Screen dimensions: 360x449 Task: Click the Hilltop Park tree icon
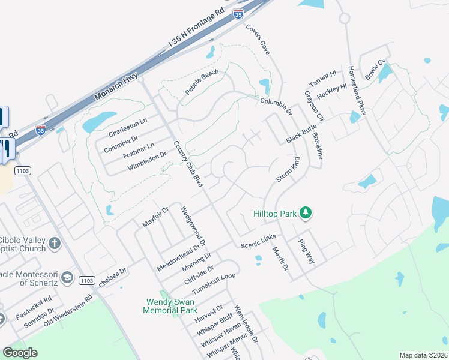click(x=306, y=212)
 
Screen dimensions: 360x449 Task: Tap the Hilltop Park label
click(x=275, y=213)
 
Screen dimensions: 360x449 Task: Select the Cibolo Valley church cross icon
click(x=55, y=243)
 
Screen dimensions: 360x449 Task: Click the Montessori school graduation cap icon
click(x=67, y=277)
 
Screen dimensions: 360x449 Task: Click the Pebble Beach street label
click(x=202, y=83)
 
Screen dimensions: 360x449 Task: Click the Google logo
click(x=20, y=353)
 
